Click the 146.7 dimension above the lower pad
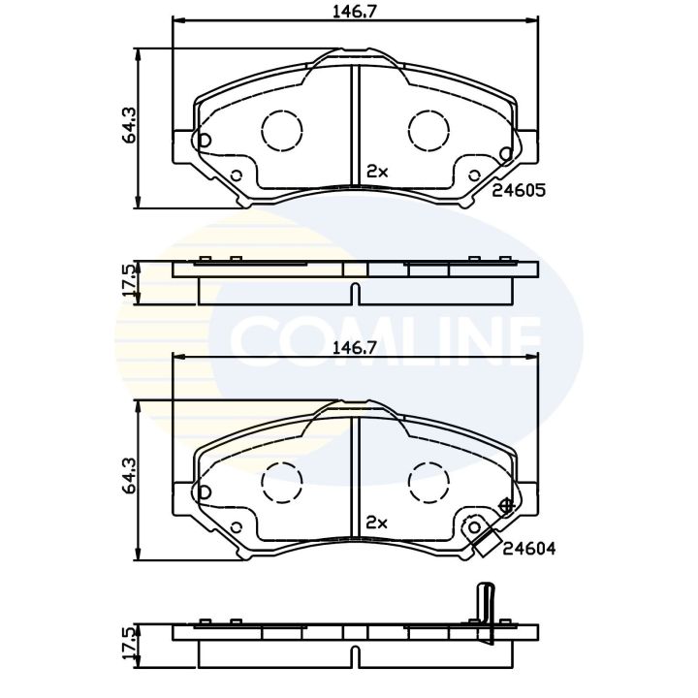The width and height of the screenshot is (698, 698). coord(353,346)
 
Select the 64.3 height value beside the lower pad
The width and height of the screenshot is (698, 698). coord(127,478)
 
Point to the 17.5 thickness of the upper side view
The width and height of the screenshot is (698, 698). coord(127,281)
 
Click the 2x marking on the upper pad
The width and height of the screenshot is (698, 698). coord(377,171)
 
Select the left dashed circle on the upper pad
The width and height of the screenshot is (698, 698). coord(281,129)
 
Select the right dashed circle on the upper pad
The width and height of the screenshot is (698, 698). coord(428,129)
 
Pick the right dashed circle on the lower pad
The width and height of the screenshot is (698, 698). coord(428,480)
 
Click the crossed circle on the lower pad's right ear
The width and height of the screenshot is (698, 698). coord(504,506)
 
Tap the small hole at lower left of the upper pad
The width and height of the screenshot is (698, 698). coord(235,175)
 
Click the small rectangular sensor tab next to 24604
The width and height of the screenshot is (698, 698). coord(485,546)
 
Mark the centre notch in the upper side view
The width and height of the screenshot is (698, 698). coord(355,292)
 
